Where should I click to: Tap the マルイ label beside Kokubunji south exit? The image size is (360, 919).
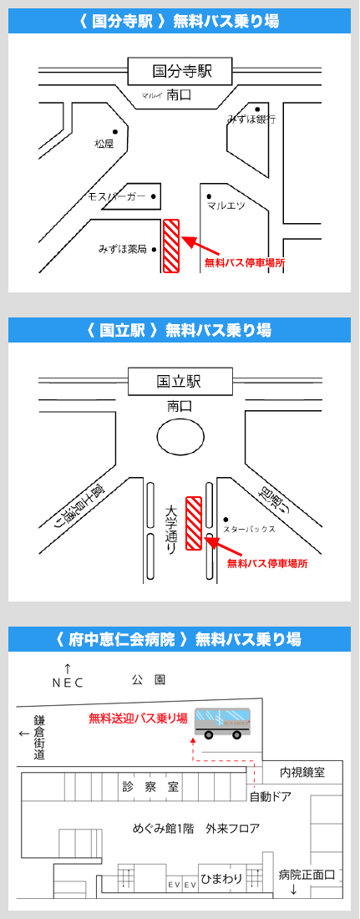click(x=151, y=96)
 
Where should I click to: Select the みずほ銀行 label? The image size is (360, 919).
click(x=251, y=119)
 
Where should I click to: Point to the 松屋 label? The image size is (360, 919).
click(x=104, y=144)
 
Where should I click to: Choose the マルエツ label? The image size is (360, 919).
click(x=226, y=205)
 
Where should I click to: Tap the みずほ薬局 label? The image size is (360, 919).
click(x=122, y=249)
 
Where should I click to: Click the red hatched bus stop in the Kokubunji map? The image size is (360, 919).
click(x=171, y=246)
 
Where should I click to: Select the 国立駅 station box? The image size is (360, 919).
click(x=180, y=382)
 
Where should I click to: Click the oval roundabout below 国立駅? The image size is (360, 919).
click(x=180, y=437)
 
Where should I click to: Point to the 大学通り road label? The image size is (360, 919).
click(x=170, y=530)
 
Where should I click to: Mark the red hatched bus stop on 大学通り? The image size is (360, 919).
click(x=194, y=523)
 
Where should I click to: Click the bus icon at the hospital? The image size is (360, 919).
click(x=222, y=723)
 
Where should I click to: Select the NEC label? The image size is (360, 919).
click(x=68, y=683)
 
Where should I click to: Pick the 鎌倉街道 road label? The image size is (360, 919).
click(x=39, y=737)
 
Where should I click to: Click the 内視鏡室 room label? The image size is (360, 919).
click(x=302, y=773)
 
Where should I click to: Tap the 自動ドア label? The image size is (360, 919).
click(x=271, y=797)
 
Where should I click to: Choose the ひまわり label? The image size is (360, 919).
click(x=222, y=879)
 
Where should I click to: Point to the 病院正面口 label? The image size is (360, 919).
click(x=307, y=875)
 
